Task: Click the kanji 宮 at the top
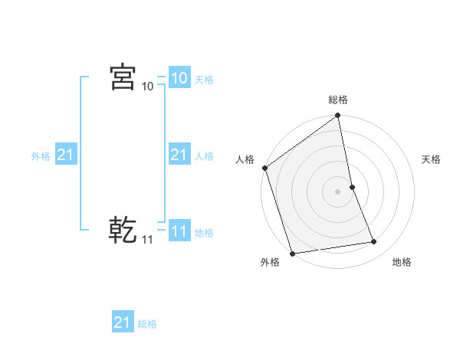click(123, 77)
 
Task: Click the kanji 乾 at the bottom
click(123, 228)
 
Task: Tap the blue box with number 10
click(179, 78)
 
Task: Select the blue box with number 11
click(179, 232)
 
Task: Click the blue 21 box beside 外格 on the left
click(65, 155)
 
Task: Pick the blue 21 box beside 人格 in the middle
click(179, 155)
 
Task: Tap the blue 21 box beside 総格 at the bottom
click(123, 322)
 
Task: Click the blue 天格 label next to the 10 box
click(204, 80)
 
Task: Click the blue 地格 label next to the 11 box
click(204, 233)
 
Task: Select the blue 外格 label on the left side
click(41, 156)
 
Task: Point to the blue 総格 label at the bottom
click(147, 324)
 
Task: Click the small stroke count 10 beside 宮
click(147, 87)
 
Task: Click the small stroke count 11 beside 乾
click(147, 240)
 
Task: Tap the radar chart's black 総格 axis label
click(338, 100)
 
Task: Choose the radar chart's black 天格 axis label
click(432, 159)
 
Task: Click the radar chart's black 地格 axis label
click(402, 263)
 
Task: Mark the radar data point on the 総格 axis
click(338, 116)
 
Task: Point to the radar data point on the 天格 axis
click(352, 186)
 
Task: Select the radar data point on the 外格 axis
click(292, 253)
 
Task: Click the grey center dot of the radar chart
click(338, 191)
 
